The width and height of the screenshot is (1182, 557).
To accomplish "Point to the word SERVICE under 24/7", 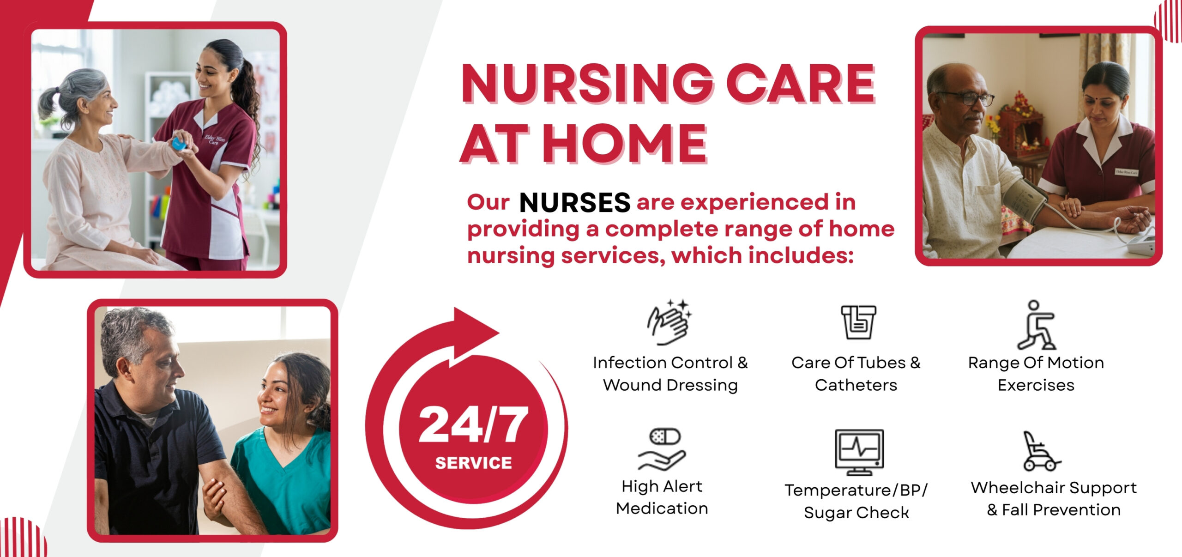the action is [x=473, y=463].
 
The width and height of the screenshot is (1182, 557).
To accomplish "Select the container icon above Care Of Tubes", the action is [x=858, y=322].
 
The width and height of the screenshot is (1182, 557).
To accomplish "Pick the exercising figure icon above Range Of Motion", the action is [x=1037, y=325].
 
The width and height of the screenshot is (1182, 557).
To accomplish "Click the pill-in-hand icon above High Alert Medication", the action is [x=662, y=449].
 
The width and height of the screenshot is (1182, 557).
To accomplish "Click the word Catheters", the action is [x=856, y=385].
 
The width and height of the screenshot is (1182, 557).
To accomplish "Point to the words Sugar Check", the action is [x=856, y=513].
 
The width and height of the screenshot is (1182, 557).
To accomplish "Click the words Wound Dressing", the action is [x=670, y=385].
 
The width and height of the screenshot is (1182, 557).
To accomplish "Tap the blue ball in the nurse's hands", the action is [x=179, y=144].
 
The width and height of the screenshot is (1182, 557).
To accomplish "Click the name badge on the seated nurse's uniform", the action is [x=1127, y=172].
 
